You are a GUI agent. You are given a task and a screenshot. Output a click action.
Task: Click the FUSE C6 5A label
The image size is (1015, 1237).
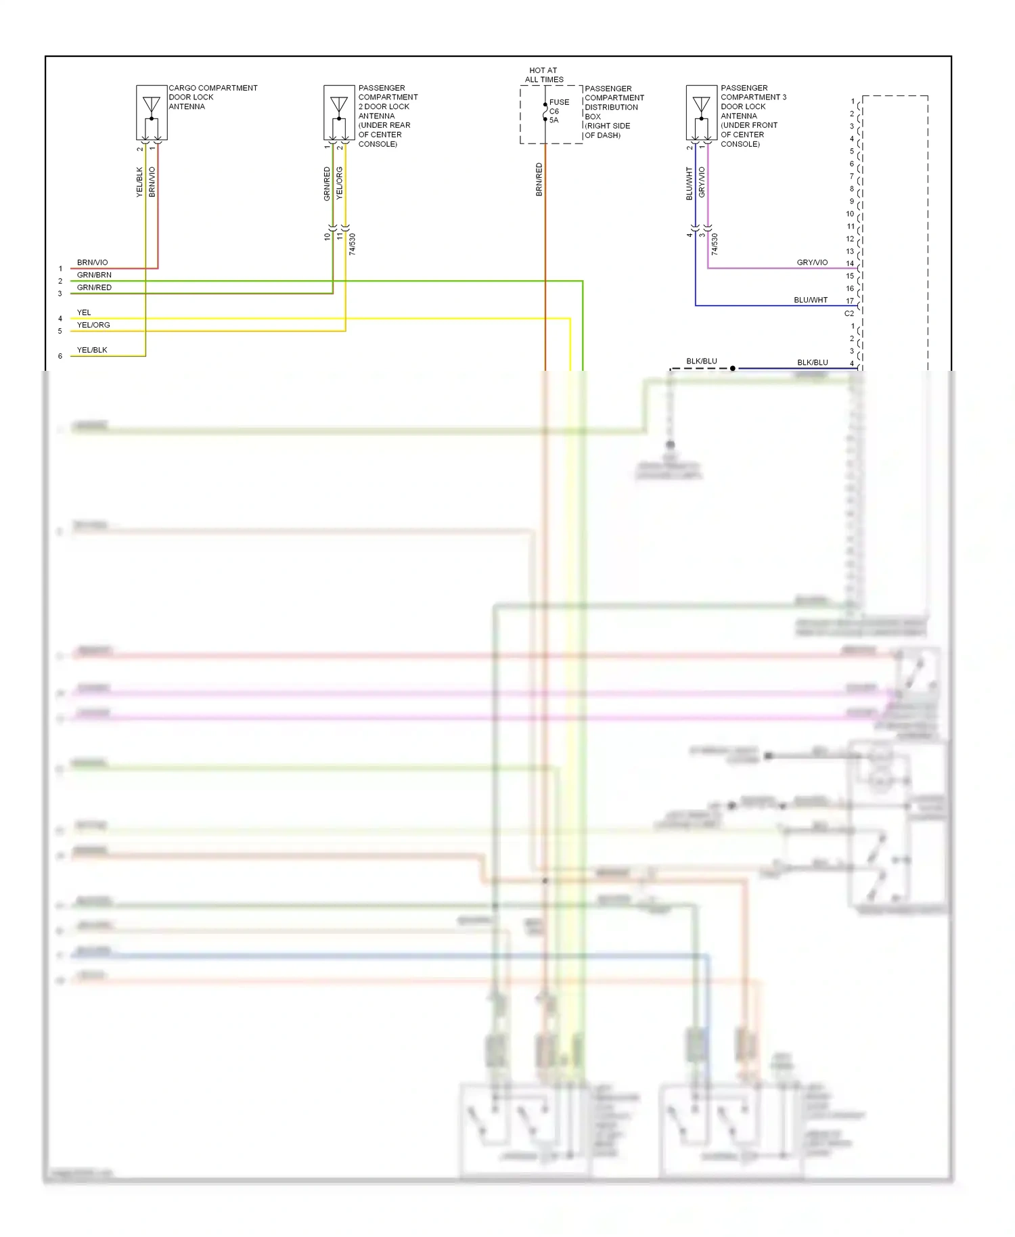tap(558, 111)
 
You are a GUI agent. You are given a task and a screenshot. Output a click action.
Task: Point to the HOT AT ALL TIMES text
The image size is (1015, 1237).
tap(543, 74)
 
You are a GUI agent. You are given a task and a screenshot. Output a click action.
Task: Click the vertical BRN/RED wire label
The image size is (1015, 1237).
tap(539, 179)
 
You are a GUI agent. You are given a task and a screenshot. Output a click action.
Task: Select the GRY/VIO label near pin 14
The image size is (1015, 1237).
tap(812, 263)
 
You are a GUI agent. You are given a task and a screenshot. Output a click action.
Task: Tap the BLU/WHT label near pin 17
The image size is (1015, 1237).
tap(811, 300)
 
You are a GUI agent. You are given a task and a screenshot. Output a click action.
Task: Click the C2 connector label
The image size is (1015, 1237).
tap(849, 313)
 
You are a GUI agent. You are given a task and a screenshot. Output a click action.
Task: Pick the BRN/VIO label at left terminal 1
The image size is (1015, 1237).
tap(92, 263)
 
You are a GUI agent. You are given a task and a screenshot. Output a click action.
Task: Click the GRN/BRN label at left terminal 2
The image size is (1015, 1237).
tap(94, 275)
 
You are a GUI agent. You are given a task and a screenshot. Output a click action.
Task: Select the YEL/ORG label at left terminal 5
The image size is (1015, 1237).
tap(93, 325)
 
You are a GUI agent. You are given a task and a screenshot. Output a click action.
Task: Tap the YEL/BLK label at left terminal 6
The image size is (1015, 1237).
tap(92, 350)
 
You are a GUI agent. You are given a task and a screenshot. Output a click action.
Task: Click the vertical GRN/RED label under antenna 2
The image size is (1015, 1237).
tap(327, 183)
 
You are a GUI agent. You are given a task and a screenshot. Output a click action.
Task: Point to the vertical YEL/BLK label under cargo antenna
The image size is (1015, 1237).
tap(140, 182)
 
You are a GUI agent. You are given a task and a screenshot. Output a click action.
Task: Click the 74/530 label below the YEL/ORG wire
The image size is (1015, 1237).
tap(352, 244)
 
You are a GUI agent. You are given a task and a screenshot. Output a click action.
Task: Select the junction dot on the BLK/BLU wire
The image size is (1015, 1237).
tap(733, 368)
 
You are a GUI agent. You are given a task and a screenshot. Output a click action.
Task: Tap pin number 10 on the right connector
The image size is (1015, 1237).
tap(850, 214)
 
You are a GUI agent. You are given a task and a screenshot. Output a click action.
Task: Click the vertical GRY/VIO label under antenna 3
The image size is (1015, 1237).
tap(702, 182)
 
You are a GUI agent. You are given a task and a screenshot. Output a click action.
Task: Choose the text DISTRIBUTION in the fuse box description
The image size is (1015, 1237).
tap(611, 107)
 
